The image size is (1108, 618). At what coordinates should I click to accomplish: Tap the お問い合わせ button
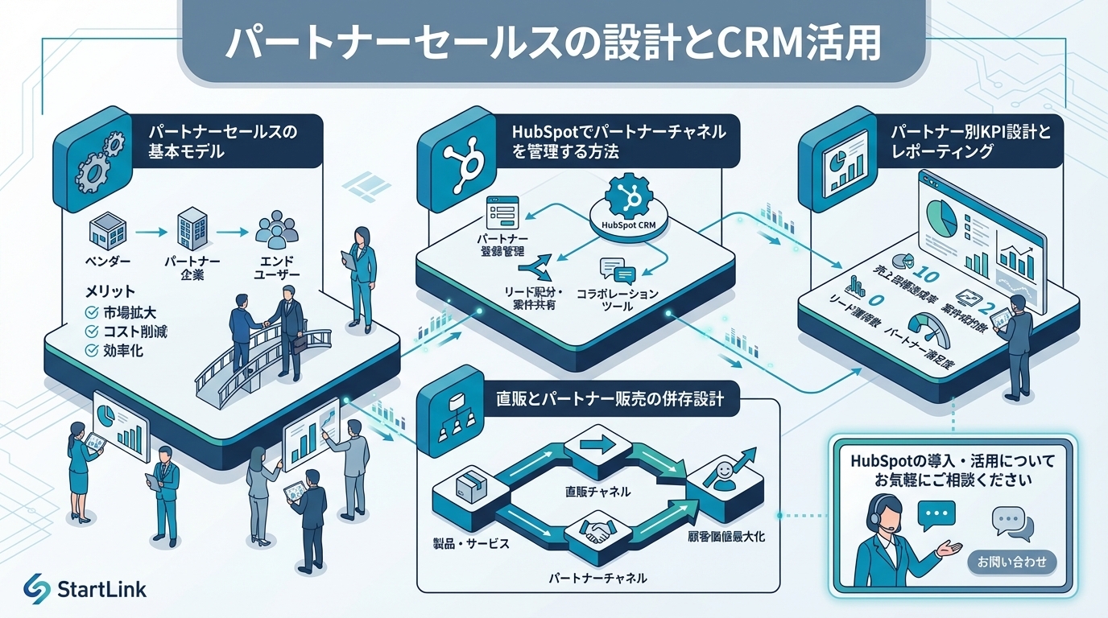tap(1011, 562)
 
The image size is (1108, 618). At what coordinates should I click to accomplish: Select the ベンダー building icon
tap(108, 232)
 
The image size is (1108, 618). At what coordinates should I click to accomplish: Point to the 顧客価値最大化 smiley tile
tap(722, 480)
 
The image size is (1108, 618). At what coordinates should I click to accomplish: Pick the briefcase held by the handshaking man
tap(299, 344)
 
